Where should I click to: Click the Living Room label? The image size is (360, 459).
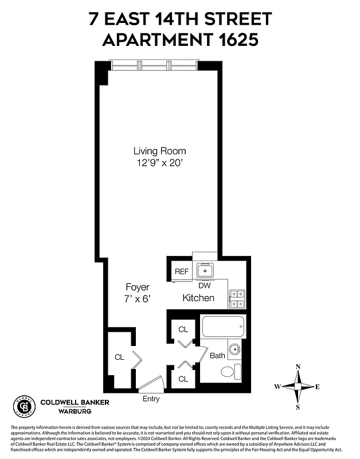pos(159,151)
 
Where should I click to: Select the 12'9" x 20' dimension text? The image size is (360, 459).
pos(159,162)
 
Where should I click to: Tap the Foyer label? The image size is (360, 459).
pos(138,287)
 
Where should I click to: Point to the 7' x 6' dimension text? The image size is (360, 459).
pos(138,298)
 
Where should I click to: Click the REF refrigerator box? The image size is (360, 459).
pos(182,271)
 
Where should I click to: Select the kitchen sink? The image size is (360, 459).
pos(204,270)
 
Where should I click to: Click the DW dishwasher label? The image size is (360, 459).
pos(204,285)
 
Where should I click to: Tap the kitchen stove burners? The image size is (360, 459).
pos(237,297)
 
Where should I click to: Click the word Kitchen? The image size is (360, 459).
pos(198,298)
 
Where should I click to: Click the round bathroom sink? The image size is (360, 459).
pos(234,348)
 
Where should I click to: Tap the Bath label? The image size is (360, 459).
pos(217,356)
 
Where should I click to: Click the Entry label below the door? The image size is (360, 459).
pos(151,399)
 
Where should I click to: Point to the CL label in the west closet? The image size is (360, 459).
pos(119,357)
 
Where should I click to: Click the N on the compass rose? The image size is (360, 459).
pos(298,367)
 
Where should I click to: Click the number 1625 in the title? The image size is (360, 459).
pos(230,40)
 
